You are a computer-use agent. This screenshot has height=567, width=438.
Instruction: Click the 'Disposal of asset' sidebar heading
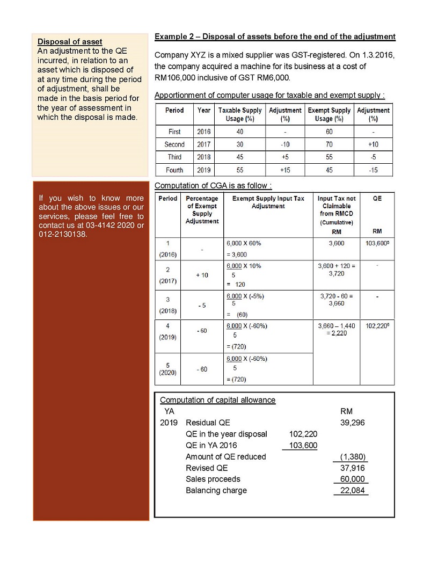(x=70, y=42)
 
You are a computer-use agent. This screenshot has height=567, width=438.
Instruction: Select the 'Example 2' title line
(x=274, y=37)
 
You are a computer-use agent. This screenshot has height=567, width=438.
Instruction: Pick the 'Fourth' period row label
(x=174, y=170)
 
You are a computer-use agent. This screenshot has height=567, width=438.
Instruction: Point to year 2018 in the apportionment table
(x=204, y=157)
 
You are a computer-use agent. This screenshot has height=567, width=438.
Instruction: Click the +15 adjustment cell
(x=286, y=170)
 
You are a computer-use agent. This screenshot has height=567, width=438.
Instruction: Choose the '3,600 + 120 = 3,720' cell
(x=337, y=270)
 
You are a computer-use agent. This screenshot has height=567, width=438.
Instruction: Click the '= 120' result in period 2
(x=236, y=285)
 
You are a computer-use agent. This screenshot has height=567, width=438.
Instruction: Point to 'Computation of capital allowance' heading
(x=217, y=400)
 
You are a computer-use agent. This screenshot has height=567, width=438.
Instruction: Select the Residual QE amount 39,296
(x=353, y=423)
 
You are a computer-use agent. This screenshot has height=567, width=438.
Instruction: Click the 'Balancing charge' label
(x=216, y=490)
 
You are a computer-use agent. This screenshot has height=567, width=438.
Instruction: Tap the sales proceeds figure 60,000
(x=353, y=479)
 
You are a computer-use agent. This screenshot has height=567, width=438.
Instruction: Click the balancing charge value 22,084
(x=353, y=490)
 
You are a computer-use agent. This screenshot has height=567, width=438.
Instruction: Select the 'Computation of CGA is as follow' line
(x=213, y=186)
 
